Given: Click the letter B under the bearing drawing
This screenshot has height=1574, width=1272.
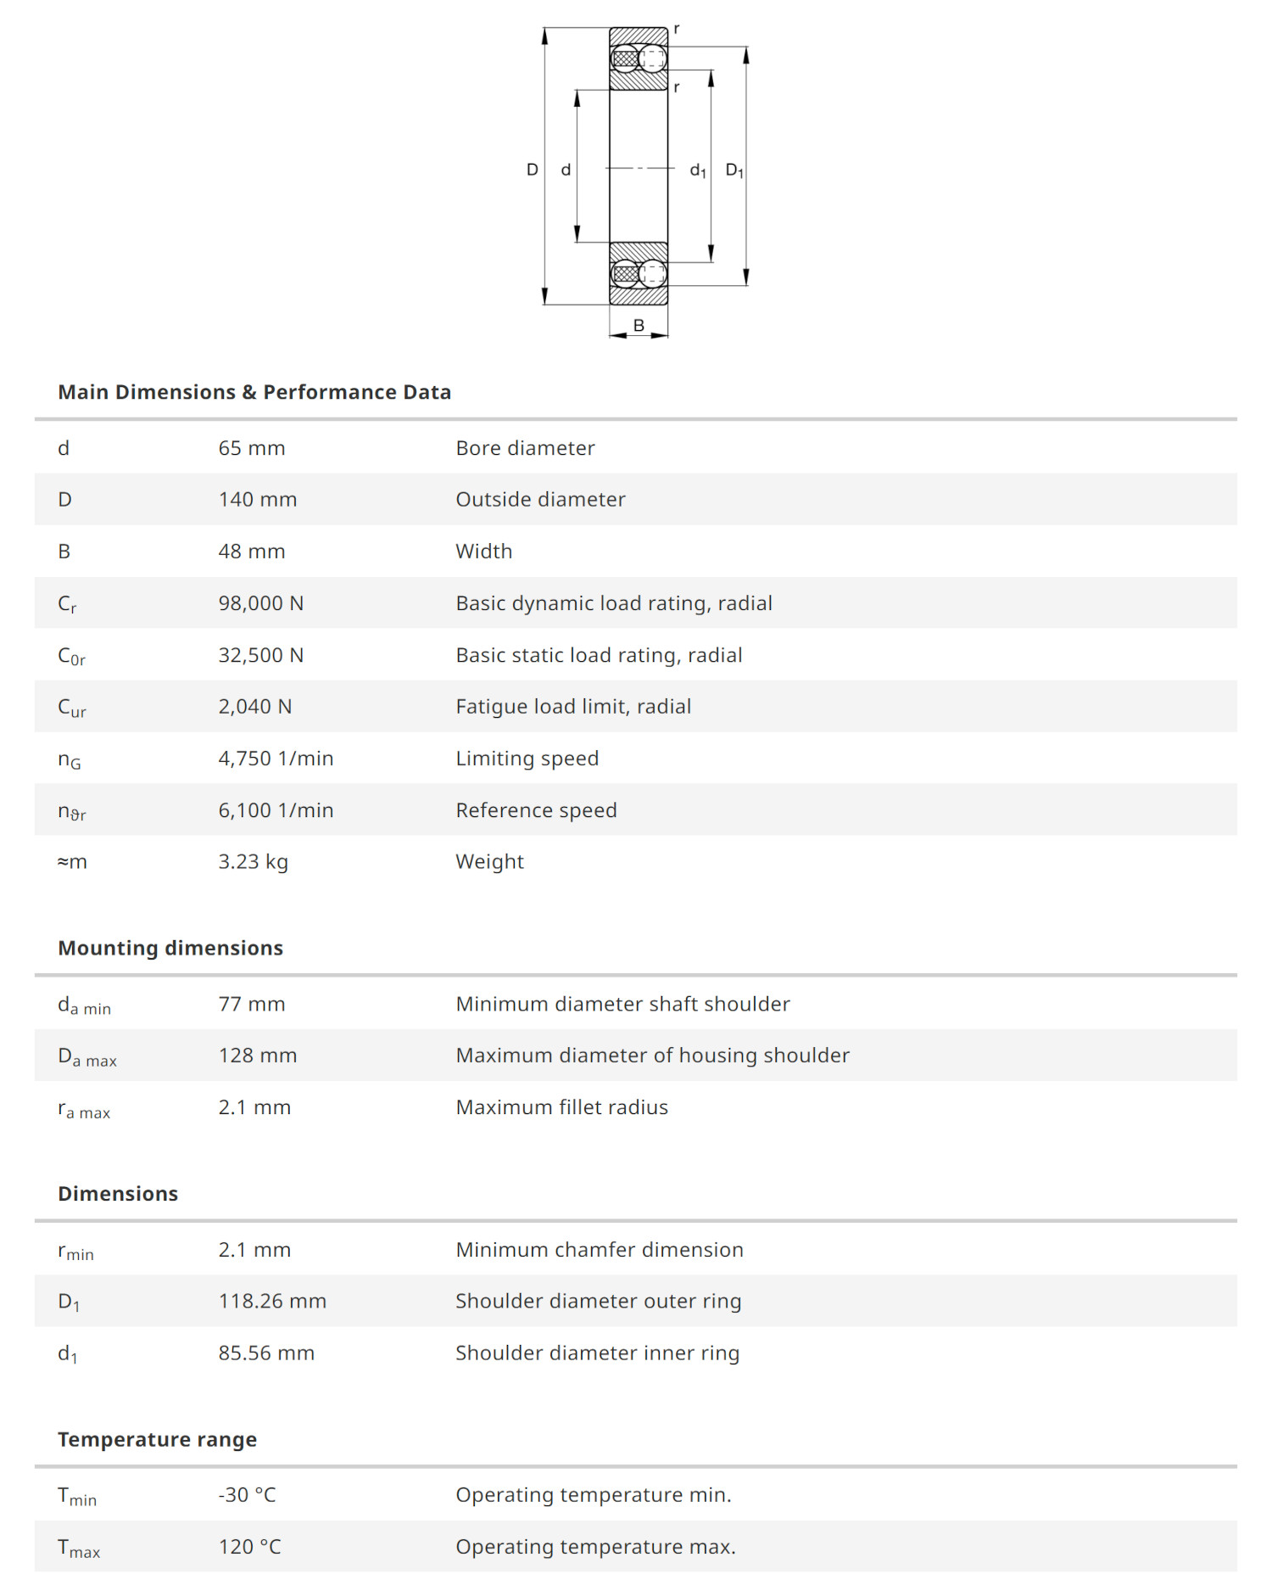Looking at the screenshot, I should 639,325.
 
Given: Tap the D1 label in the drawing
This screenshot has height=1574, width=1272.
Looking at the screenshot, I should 734,171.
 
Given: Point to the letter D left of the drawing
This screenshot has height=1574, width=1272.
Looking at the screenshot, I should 533,170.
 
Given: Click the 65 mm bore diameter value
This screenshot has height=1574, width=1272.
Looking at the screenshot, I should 252,448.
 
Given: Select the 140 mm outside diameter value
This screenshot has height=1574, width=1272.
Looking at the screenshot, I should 258,500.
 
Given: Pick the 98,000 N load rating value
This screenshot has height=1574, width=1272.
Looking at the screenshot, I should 261,603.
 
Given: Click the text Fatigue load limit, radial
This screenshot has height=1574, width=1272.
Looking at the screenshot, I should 573,707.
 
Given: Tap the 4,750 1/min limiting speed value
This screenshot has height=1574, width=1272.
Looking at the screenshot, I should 276,759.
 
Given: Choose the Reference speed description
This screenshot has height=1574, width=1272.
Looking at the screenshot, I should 536,810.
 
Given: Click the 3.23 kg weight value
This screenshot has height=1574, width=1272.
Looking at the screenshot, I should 254,862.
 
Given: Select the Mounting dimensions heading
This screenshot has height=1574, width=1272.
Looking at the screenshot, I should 170,948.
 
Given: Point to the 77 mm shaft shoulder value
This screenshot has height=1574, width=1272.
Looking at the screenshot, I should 252,1004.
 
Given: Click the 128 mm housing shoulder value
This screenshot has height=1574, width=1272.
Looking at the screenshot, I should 258,1056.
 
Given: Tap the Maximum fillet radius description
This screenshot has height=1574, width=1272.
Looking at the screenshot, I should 561,1107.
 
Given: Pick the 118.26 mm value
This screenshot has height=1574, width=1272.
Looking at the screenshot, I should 272,1301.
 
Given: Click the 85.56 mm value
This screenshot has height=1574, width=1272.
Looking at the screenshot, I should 266,1353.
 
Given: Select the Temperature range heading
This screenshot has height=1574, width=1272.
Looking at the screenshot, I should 157,1439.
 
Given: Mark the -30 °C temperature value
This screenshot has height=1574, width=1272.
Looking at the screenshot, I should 248,1495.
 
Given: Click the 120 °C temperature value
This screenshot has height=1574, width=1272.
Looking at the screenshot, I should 250,1547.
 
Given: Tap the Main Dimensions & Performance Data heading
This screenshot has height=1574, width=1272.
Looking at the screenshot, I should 254,392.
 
